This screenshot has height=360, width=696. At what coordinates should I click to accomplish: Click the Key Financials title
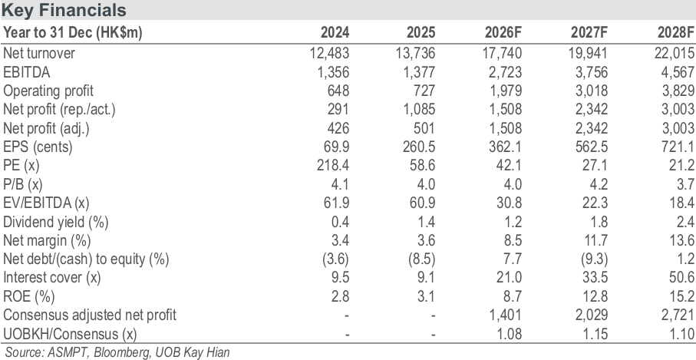64,10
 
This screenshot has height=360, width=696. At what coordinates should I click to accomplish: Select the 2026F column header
503,32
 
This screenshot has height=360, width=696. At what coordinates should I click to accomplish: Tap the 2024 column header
335,32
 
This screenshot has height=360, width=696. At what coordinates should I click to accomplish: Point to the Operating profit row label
48,91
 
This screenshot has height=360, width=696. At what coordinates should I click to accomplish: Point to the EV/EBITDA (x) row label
46,203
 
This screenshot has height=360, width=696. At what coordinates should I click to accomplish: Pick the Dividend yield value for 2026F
513,222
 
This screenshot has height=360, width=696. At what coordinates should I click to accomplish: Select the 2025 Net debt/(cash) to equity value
421,259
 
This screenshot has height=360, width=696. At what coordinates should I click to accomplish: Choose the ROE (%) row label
29,296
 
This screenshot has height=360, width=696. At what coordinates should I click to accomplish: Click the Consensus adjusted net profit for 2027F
591,315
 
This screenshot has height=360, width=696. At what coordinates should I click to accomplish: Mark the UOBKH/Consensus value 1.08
509,333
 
